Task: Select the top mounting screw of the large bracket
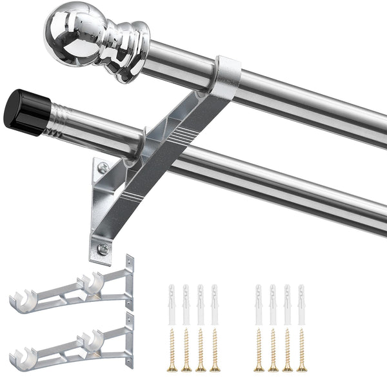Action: tap(103, 168)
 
